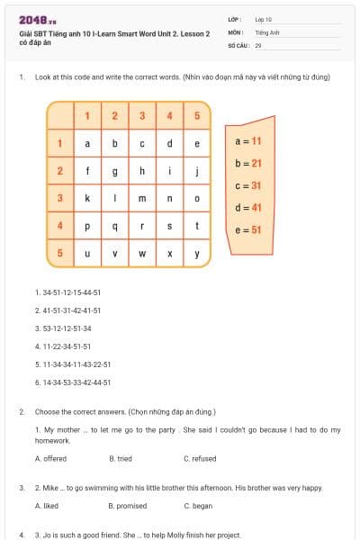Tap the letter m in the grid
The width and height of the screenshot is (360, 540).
142,198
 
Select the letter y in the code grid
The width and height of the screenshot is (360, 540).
196,253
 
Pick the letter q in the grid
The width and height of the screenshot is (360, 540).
114,226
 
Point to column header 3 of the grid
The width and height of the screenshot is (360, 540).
142,115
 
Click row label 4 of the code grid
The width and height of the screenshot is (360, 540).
59,226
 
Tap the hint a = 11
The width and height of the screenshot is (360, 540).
247,141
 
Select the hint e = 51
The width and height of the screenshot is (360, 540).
247,229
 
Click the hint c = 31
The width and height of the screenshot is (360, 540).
247,185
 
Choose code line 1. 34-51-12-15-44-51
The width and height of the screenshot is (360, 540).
67,292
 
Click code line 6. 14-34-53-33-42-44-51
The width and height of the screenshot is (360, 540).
73,382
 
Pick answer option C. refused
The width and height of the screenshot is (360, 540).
200,459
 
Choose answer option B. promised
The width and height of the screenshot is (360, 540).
127,506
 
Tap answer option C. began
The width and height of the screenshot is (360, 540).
198,506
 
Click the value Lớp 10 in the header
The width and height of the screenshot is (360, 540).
264,18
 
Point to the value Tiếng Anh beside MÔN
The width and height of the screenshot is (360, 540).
267,31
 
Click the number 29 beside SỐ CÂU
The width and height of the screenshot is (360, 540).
258,44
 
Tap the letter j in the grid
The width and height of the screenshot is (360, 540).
196,171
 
